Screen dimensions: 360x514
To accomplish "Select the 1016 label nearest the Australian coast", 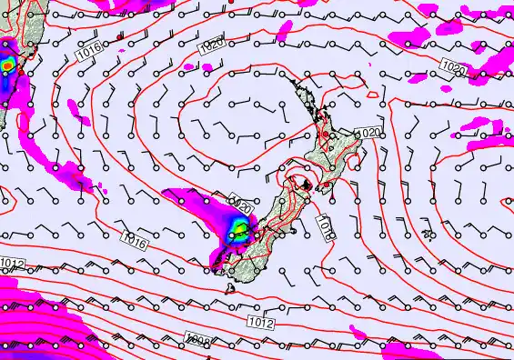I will [x=88, y=54].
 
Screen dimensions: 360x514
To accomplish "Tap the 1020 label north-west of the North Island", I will [x=211, y=43].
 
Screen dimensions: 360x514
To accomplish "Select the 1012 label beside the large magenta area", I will [x=12, y=263].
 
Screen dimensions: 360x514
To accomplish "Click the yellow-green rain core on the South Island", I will [x=238, y=228].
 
